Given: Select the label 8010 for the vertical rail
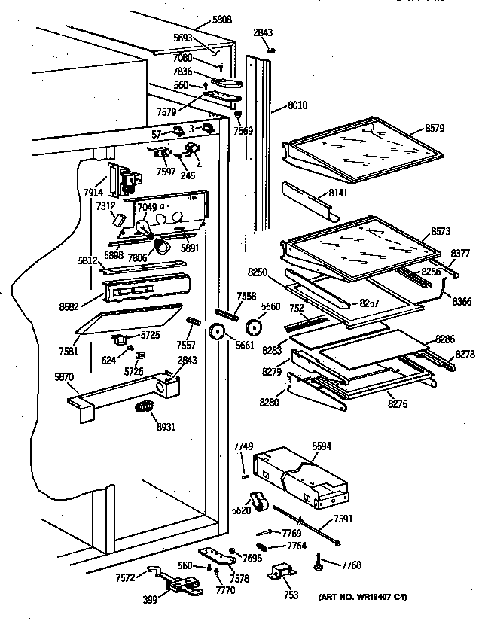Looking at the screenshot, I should tap(298, 107).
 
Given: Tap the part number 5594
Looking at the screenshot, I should tap(322, 446).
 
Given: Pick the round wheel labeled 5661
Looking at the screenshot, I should tap(220, 333).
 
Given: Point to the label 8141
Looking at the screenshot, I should tap(339, 194).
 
